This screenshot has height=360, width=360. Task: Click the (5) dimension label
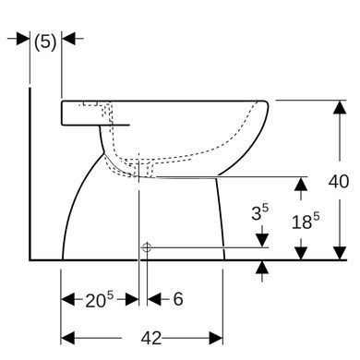click(45, 42)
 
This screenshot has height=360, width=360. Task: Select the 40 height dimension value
click(339, 181)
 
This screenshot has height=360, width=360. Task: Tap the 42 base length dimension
click(151, 338)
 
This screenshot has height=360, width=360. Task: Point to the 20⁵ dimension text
click(99, 299)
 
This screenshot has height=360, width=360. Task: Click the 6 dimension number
click(178, 299)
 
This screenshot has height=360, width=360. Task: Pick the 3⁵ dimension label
click(259, 212)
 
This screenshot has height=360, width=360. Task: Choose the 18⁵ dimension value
click(306, 221)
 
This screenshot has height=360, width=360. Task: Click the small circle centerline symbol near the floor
click(146, 247)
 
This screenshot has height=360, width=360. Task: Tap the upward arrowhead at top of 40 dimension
click(340, 107)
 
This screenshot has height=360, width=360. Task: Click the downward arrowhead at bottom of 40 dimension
click(340, 253)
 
